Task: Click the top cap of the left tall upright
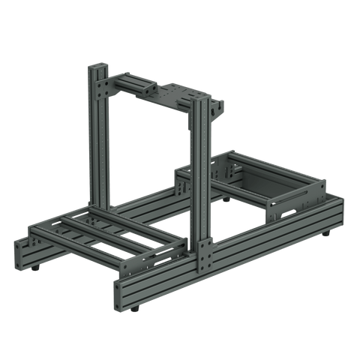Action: [x=97, y=67]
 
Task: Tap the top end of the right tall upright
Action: [x=199, y=98]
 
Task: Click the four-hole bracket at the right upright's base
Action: [x=205, y=256]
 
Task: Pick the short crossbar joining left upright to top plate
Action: [x=131, y=82]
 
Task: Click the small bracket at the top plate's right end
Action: [x=218, y=109]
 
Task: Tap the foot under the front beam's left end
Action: [x=135, y=307]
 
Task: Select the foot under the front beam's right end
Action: [x=327, y=234]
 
